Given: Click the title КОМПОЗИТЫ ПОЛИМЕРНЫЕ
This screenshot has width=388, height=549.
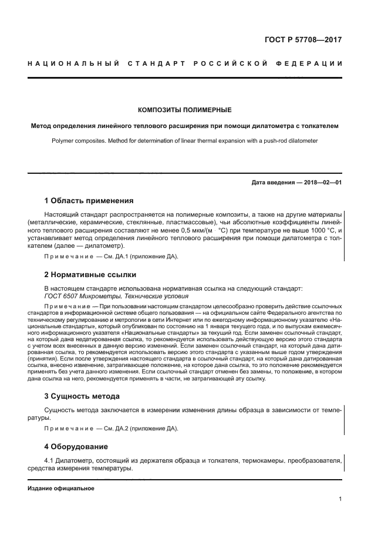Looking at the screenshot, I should tap(184, 110).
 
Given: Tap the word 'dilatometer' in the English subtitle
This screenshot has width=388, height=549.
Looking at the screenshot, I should tap(303, 141).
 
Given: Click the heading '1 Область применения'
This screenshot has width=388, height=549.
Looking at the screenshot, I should tap(89, 200).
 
